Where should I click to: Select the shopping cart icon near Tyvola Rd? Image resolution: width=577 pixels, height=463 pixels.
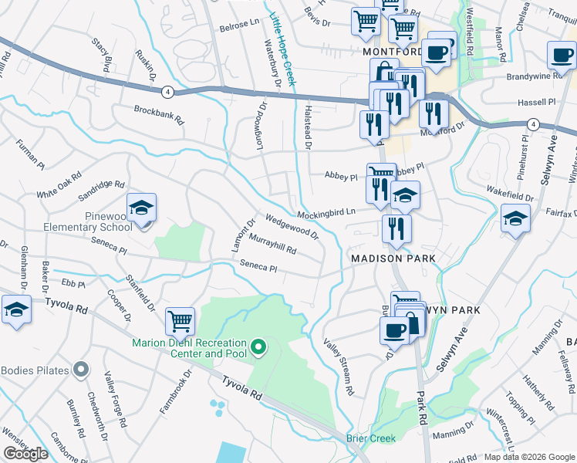coord(180,319)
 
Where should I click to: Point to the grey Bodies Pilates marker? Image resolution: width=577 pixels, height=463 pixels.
coord(80,370)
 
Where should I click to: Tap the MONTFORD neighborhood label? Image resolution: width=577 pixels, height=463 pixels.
coord(392,52)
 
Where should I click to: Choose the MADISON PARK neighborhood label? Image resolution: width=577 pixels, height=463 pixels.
coord(393,258)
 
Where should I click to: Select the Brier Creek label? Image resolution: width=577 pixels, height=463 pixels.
coord(371,438)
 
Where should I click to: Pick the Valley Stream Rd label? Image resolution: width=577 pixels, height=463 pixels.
coord(339,367)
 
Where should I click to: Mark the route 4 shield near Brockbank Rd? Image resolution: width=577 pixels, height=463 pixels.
coord(167,92)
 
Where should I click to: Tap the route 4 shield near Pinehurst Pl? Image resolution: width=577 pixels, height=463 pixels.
coord(533,123)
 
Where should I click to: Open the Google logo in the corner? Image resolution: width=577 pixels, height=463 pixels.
coord(25,454)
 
